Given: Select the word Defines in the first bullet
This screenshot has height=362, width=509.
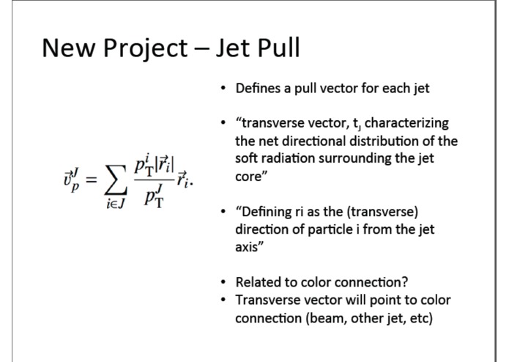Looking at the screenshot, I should point(256,89).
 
